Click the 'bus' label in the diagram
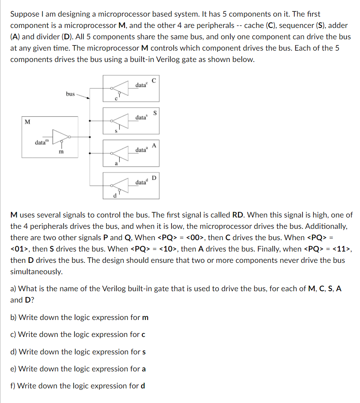pyautogui.click(x=70, y=94)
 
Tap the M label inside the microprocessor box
pyautogui.click(x=27, y=122)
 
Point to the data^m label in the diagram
pyautogui.click(x=41, y=142)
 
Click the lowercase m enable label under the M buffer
pyautogui.click(x=61, y=152)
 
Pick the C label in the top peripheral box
pyautogui.click(x=154, y=80)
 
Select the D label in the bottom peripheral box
pyautogui.click(x=154, y=177)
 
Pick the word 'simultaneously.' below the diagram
pyautogui.click(x=36, y=272)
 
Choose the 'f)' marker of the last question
pyautogui.click(x=13, y=386)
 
